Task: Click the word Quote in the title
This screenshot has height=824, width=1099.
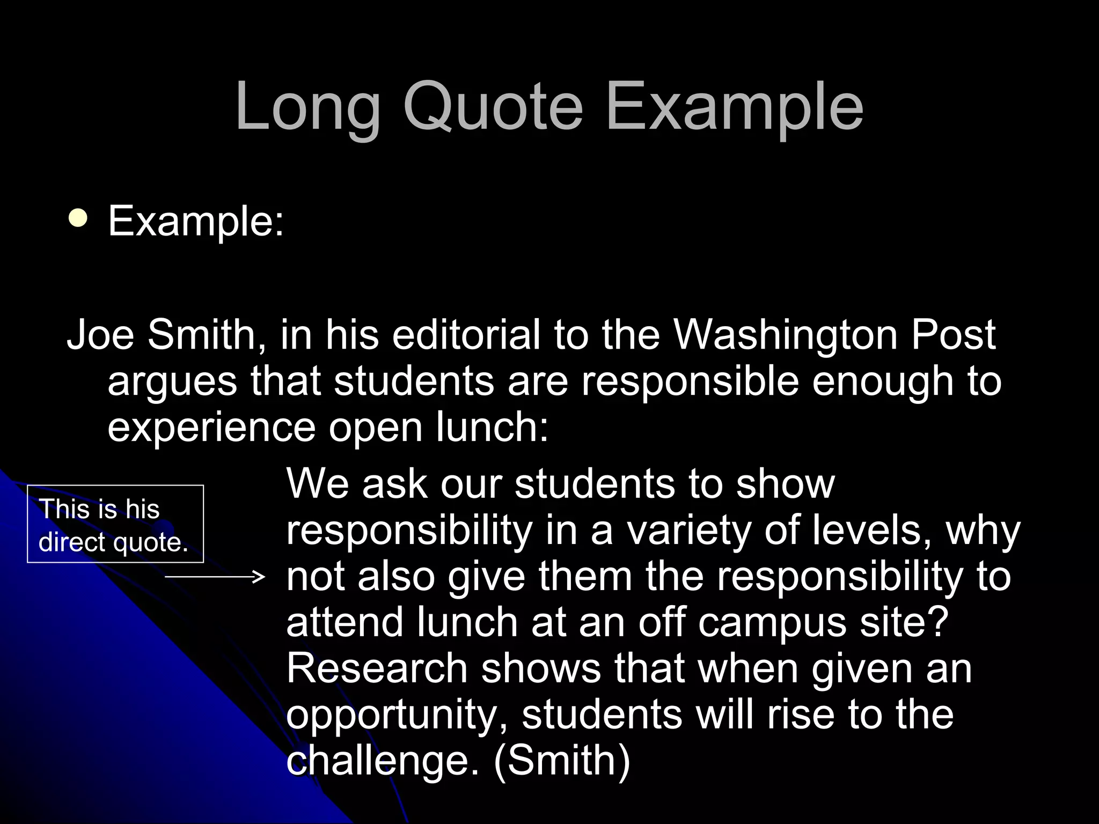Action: click(493, 107)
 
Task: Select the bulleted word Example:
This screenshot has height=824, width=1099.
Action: click(196, 221)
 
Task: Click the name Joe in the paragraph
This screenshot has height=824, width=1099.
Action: click(100, 335)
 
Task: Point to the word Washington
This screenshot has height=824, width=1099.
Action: click(786, 335)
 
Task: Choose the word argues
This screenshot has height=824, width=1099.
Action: click(172, 382)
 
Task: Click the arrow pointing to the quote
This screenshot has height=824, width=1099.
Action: click(215, 577)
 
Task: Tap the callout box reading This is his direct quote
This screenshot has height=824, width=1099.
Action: click(115, 524)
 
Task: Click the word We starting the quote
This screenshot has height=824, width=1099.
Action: click(317, 484)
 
